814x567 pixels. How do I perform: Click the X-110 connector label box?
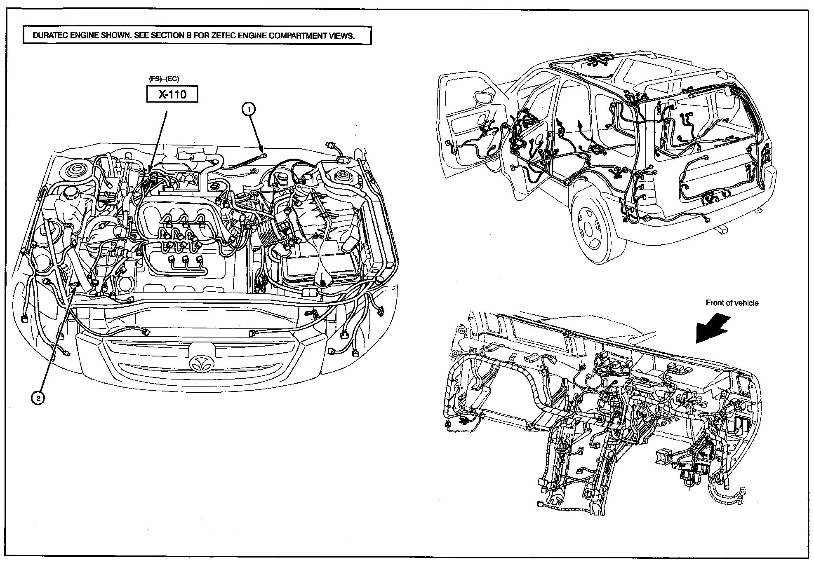pyautogui.click(x=172, y=94)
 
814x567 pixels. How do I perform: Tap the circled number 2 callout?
pyautogui.click(x=38, y=398)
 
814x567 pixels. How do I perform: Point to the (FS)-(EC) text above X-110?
pyautogui.click(x=164, y=79)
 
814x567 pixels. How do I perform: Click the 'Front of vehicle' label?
pyautogui.click(x=732, y=303)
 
